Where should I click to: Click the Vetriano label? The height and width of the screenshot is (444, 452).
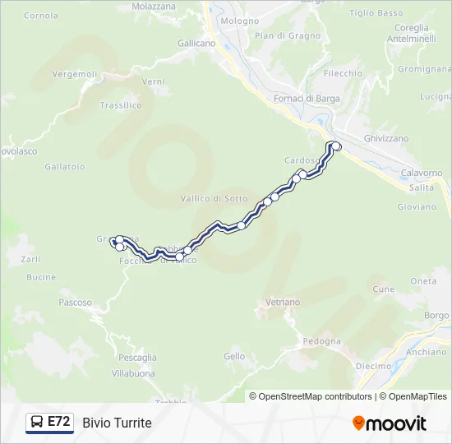point(284,303)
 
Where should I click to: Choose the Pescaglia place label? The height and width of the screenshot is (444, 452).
point(137,358)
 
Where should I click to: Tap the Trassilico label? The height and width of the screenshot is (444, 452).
point(121,105)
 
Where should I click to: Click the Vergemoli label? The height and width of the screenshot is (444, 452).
point(75,74)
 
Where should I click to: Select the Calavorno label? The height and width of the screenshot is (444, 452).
point(422,173)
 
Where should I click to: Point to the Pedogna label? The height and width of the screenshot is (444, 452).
point(321,341)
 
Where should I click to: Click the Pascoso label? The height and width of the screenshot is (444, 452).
point(76,303)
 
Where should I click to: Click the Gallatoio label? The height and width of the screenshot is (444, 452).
point(65,167)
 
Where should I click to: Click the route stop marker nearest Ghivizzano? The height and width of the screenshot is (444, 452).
point(335,146)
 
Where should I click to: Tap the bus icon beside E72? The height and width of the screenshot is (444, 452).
point(37,422)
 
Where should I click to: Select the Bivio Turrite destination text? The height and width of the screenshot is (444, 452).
point(117,423)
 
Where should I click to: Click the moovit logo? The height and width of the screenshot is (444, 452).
point(390,423)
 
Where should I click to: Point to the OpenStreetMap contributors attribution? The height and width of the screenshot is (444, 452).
point(311,396)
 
